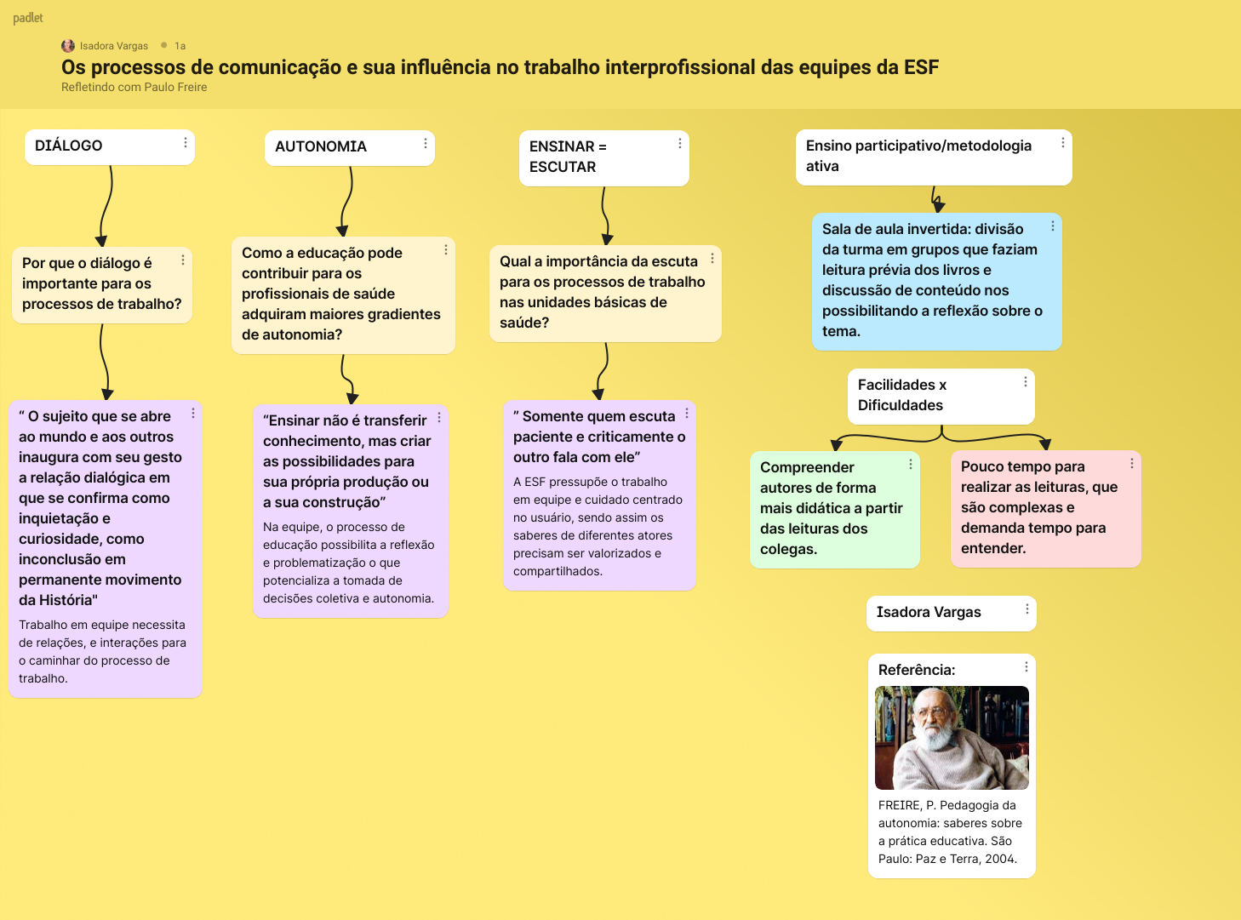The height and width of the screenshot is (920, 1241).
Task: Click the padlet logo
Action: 28,18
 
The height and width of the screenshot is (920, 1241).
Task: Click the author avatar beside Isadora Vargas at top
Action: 68,46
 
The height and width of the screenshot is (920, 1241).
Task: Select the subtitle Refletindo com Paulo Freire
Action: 134,87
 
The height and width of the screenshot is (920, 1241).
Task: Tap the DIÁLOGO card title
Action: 69,146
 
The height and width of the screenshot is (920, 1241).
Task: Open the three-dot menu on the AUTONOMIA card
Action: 426,144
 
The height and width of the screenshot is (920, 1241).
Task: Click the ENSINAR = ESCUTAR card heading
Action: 568,157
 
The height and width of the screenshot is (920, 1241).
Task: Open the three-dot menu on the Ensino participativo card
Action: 1062,143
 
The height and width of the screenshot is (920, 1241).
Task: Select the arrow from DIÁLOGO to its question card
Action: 106,205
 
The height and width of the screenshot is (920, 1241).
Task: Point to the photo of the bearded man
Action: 952,737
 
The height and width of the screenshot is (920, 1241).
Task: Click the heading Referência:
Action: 917,670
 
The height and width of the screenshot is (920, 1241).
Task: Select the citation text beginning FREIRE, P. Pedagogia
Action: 950,831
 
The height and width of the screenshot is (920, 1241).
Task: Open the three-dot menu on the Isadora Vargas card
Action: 1027,609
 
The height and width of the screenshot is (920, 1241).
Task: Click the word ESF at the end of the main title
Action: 921,67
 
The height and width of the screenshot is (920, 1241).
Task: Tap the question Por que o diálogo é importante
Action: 101,283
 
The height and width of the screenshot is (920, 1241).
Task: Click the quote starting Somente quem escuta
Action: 598,437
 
